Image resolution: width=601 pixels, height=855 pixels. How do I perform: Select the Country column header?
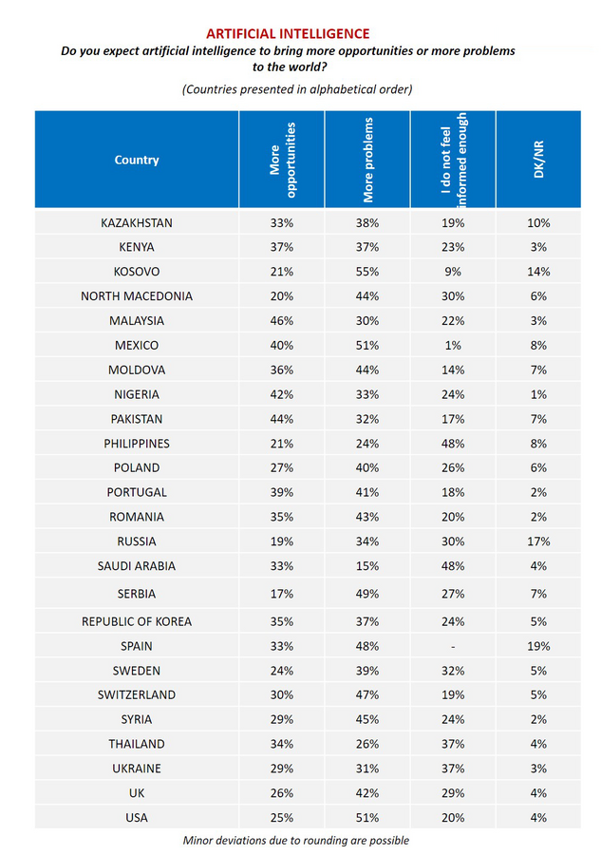click(x=137, y=160)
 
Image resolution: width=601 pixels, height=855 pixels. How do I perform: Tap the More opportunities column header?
click(x=281, y=160)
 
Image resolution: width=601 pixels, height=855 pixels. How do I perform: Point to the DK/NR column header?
click(x=539, y=160)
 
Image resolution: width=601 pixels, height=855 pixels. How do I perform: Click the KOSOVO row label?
click(x=137, y=272)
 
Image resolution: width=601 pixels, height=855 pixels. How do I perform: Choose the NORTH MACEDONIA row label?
click(x=137, y=296)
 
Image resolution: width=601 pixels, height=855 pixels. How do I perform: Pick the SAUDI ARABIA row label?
click(x=137, y=566)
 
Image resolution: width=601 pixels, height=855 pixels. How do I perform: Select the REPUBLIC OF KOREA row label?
click(x=137, y=621)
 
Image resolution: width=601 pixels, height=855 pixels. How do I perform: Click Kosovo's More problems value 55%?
click(x=367, y=272)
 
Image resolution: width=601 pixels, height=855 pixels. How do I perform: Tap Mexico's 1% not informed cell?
click(x=453, y=346)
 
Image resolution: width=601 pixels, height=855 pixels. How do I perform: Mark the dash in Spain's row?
click(x=453, y=646)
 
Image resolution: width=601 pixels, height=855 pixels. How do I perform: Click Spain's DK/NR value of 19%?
click(x=539, y=646)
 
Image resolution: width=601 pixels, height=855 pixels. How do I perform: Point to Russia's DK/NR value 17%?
click(x=539, y=541)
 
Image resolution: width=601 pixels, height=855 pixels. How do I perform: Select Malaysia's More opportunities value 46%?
click(x=281, y=321)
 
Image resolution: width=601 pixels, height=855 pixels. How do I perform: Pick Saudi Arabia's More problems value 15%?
click(x=367, y=566)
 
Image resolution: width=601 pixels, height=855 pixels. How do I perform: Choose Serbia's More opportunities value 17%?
click(x=281, y=594)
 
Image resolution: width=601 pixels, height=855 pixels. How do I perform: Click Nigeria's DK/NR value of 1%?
click(x=539, y=394)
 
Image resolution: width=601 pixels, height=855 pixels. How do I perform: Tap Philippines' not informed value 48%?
click(x=453, y=444)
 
